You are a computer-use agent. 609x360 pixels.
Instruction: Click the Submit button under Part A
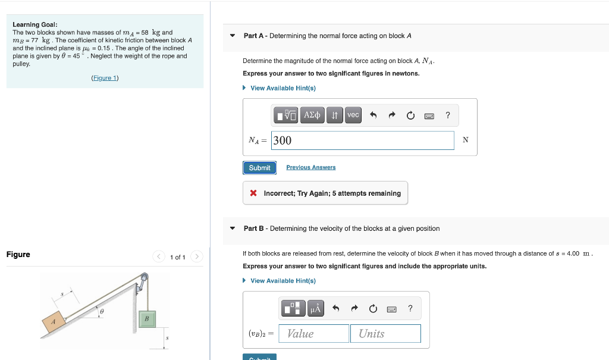click(x=259, y=168)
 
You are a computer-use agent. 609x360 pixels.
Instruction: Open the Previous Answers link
click(x=310, y=168)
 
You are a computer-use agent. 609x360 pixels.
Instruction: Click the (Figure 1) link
click(x=105, y=78)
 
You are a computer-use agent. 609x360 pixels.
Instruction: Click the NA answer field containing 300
click(x=363, y=140)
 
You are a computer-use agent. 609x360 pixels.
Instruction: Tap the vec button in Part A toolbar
click(x=353, y=115)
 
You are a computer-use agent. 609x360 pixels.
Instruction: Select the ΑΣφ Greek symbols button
click(x=312, y=115)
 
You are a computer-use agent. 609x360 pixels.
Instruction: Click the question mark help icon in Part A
click(x=448, y=115)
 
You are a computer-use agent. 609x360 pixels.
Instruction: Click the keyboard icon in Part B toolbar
click(x=391, y=309)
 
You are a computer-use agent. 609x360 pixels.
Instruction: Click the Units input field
click(x=385, y=334)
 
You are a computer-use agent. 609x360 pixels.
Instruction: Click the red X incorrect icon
click(x=253, y=193)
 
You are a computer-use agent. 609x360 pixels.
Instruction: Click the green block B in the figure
click(x=146, y=320)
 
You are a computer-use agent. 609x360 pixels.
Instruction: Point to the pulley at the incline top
click(x=144, y=277)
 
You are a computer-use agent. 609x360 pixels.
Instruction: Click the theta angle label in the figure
click(x=102, y=311)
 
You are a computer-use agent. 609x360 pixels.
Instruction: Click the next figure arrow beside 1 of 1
click(x=197, y=257)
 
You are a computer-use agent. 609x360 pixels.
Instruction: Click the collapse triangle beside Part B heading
click(x=233, y=228)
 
